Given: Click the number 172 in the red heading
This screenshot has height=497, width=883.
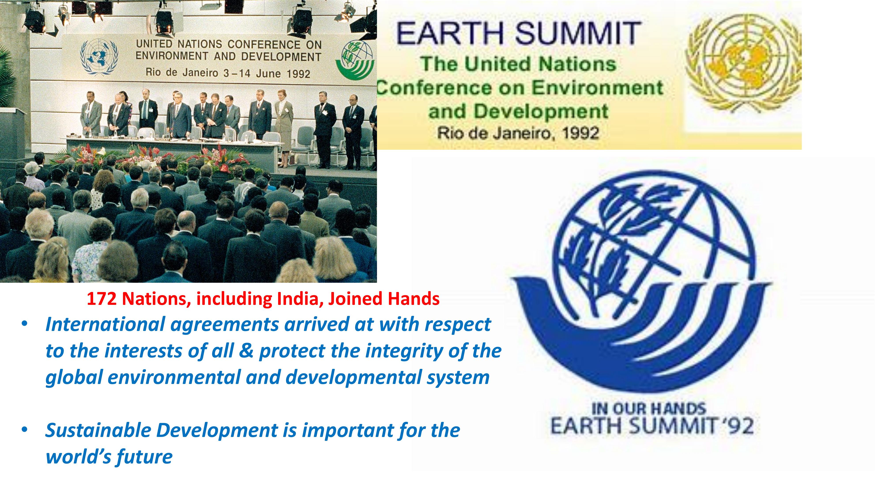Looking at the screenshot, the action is (102, 299).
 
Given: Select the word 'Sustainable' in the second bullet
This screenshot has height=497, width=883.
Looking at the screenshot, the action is (98, 430).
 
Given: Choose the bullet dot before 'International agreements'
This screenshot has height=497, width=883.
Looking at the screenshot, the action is (24, 324).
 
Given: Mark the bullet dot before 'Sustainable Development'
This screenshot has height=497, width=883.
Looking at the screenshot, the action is (24, 430).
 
